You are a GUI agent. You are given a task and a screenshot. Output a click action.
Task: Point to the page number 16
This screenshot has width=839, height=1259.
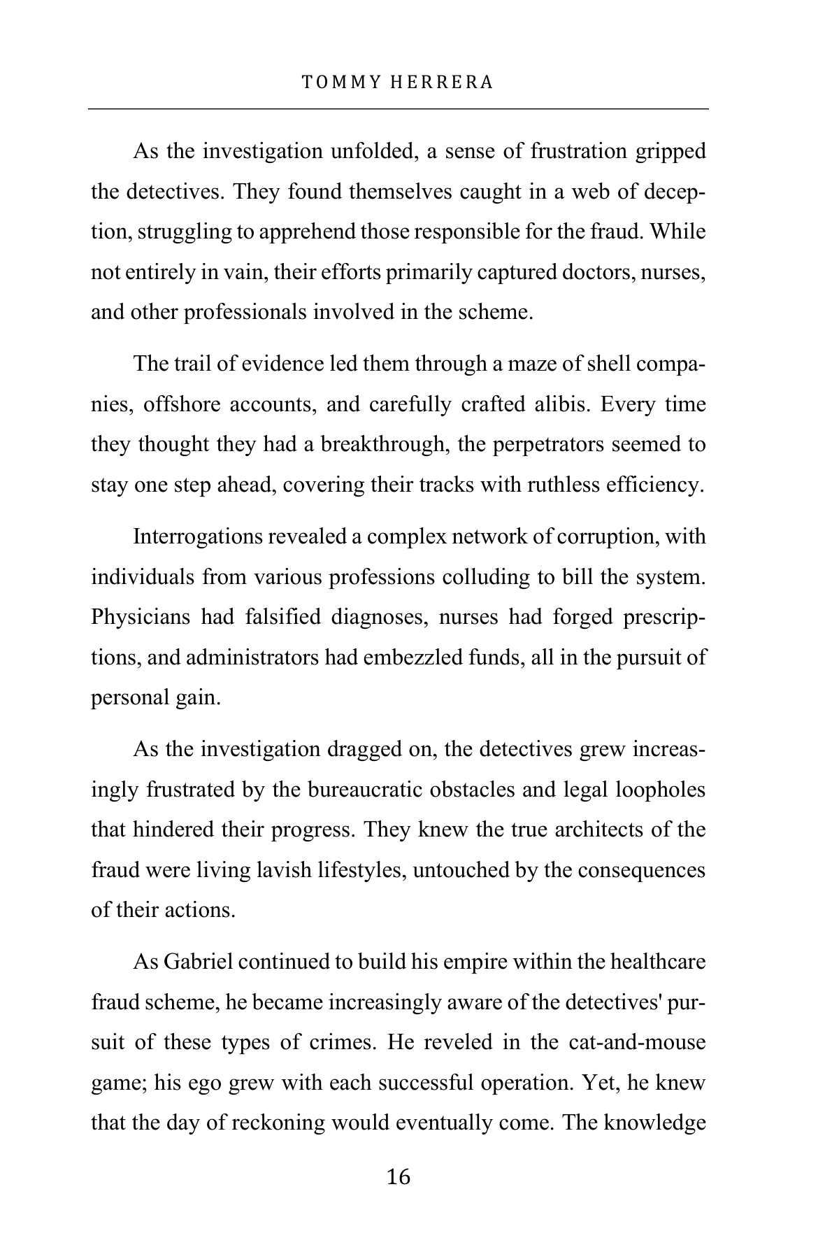point(399,1177)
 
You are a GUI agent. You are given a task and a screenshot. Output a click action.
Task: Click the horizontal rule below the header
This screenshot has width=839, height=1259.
point(399,109)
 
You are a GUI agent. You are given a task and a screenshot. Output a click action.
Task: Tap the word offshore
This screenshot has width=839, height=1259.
point(180,405)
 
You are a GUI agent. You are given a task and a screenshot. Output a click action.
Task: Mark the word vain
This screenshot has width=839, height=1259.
point(245,272)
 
